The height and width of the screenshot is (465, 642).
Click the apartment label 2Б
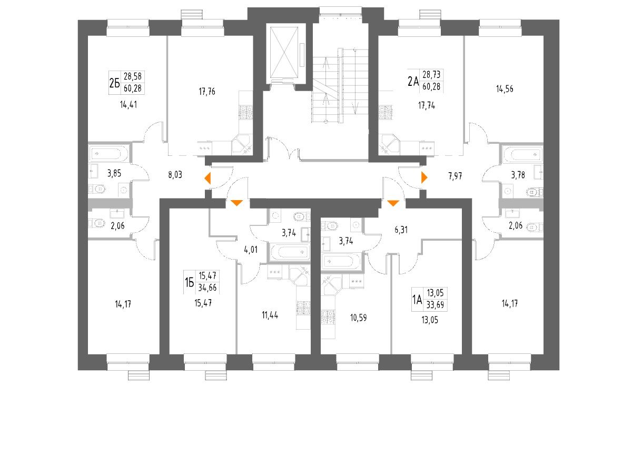(x=114, y=83)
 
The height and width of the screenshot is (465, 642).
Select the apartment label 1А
(x=417, y=300)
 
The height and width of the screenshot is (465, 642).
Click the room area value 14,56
(x=504, y=88)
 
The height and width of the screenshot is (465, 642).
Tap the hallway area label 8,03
(x=175, y=174)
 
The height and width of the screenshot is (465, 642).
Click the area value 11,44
(x=270, y=315)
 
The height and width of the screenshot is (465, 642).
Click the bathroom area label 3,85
(x=114, y=172)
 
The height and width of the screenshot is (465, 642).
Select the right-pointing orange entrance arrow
(x=424, y=177)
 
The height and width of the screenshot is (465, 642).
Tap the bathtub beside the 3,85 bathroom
(x=108, y=154)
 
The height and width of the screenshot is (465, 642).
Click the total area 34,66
(x=208, y=288)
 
